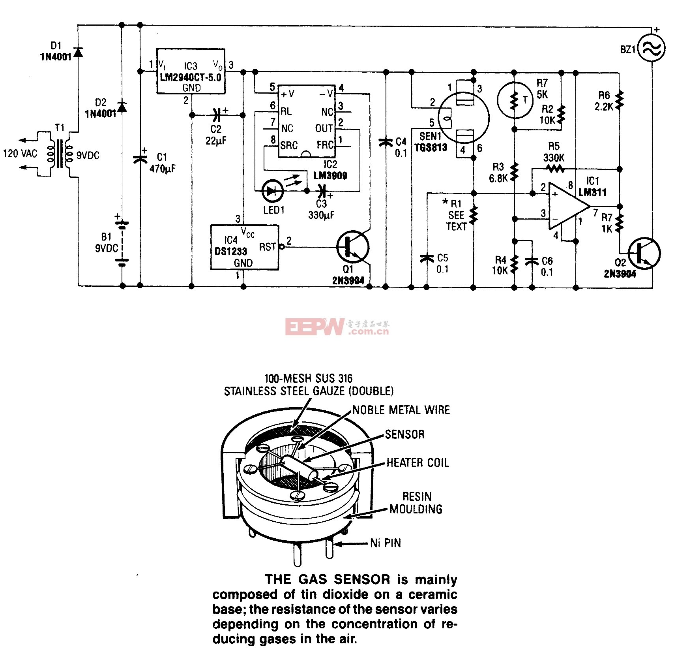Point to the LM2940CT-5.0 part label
coord(191,77)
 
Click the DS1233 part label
coord(231,251)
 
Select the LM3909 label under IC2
coord(330,175)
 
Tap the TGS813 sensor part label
coord(431,148)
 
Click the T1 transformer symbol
coord(60,153)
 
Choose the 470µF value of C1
coord(163,169)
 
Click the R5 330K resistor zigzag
coord(555,169)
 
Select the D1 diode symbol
coord(78,52)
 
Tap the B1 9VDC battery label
coord(107,242)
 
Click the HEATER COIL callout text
coord(417,462)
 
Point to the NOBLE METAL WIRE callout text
coord(401,410)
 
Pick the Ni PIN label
coord(386,543)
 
